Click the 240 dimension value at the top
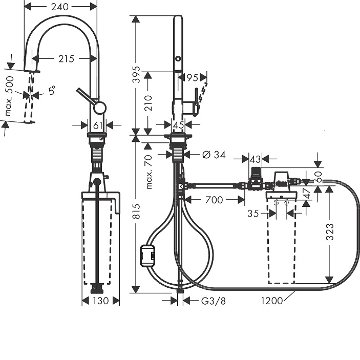[60, 7]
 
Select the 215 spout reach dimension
[67, 59]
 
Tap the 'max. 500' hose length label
[9, 96]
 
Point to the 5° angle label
[52, 90]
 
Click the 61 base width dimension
[98, 125]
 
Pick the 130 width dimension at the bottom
[101, 301]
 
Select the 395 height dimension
[137, 74]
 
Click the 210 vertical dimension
[148, 103]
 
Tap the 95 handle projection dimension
[193, 78]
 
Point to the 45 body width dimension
[178, 125]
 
